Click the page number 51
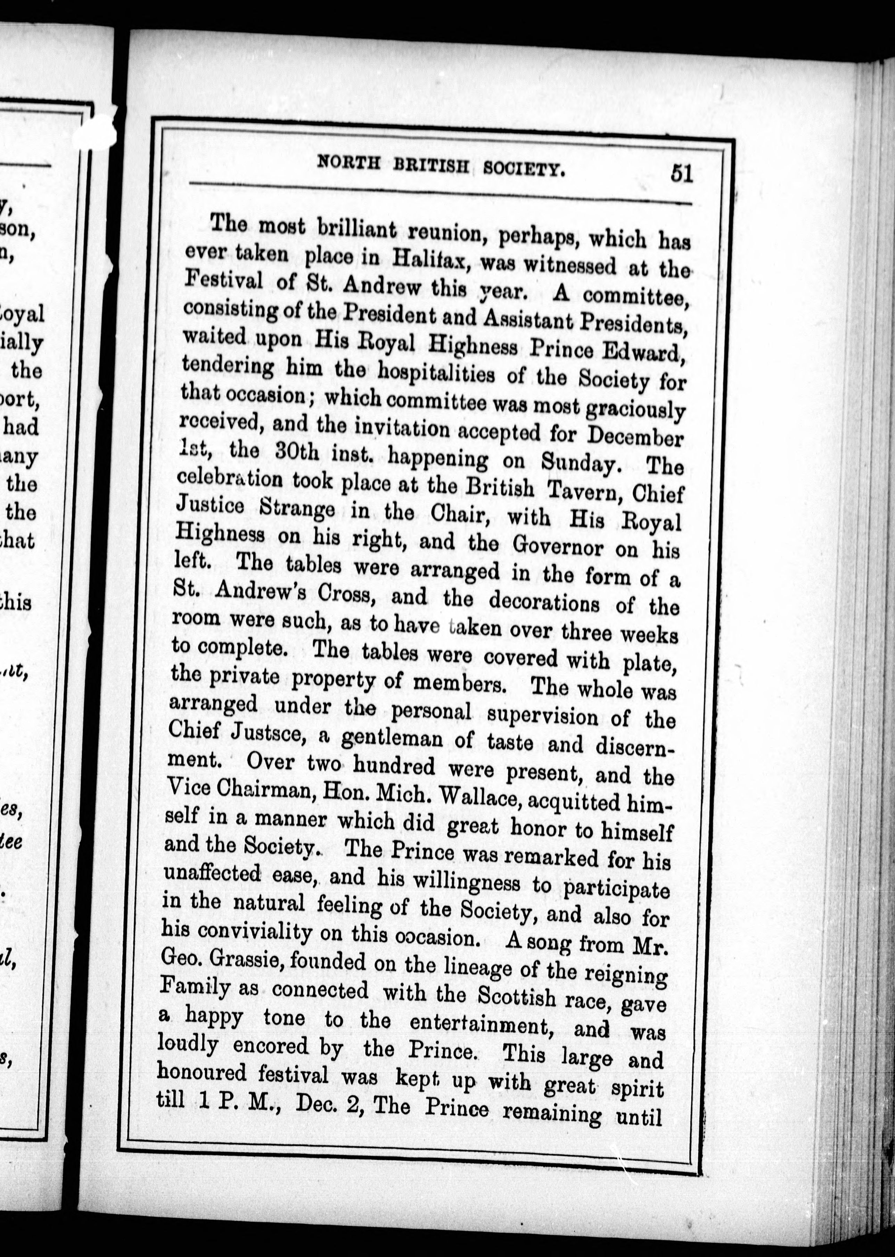pyautogui.click(x=681, y=174)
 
